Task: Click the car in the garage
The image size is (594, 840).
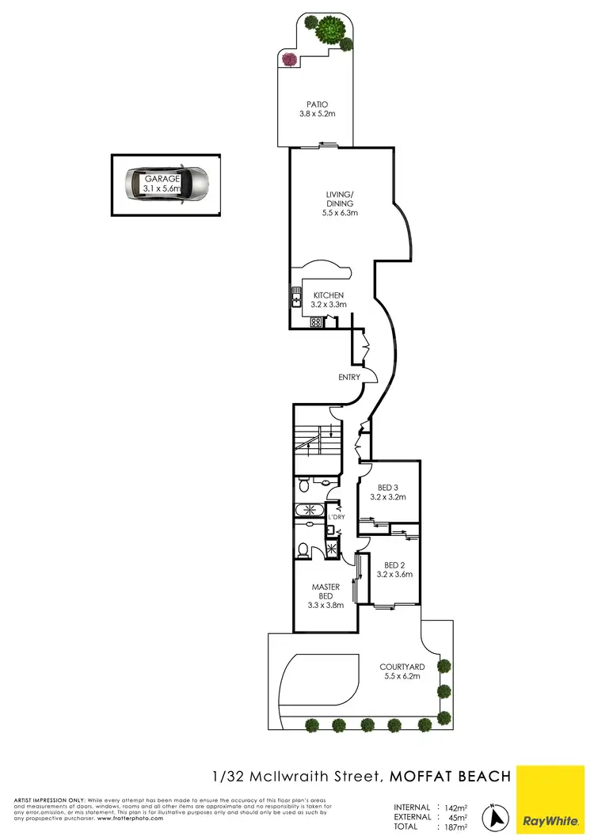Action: point(167,184)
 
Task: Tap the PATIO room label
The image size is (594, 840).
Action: point(317,104)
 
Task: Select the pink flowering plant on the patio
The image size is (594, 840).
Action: point(289,59)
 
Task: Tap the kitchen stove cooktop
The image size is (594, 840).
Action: point(315,322)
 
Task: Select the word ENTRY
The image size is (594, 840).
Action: point(348,377)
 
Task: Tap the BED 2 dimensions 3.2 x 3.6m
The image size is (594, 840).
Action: point(394,575)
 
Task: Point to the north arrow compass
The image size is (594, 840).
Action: point(497,815)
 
